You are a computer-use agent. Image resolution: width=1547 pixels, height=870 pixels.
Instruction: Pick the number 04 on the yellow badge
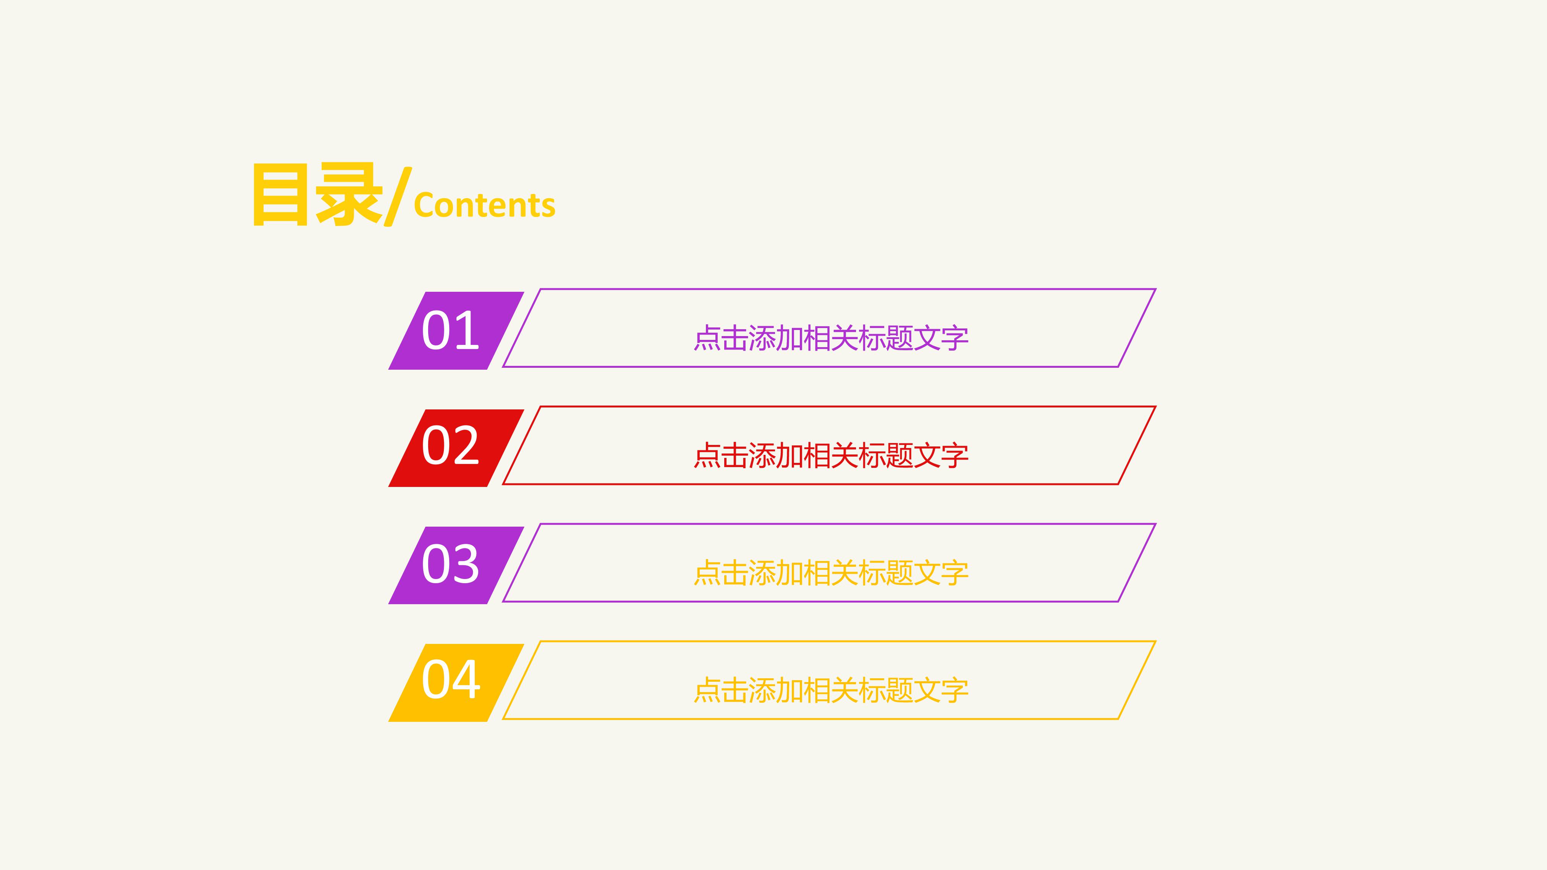(x=450, y=680)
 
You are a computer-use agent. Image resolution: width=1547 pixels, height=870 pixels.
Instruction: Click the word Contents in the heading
(x=485, y=205)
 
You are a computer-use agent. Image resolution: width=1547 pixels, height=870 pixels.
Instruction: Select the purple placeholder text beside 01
(x=830, y=338)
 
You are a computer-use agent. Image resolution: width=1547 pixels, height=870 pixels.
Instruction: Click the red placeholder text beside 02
(x=830, y=456)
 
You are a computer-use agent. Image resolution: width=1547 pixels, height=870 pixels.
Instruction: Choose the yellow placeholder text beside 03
(x=830, y=573)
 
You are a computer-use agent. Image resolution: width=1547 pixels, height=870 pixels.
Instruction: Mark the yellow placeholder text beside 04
(x=830, y=691)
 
